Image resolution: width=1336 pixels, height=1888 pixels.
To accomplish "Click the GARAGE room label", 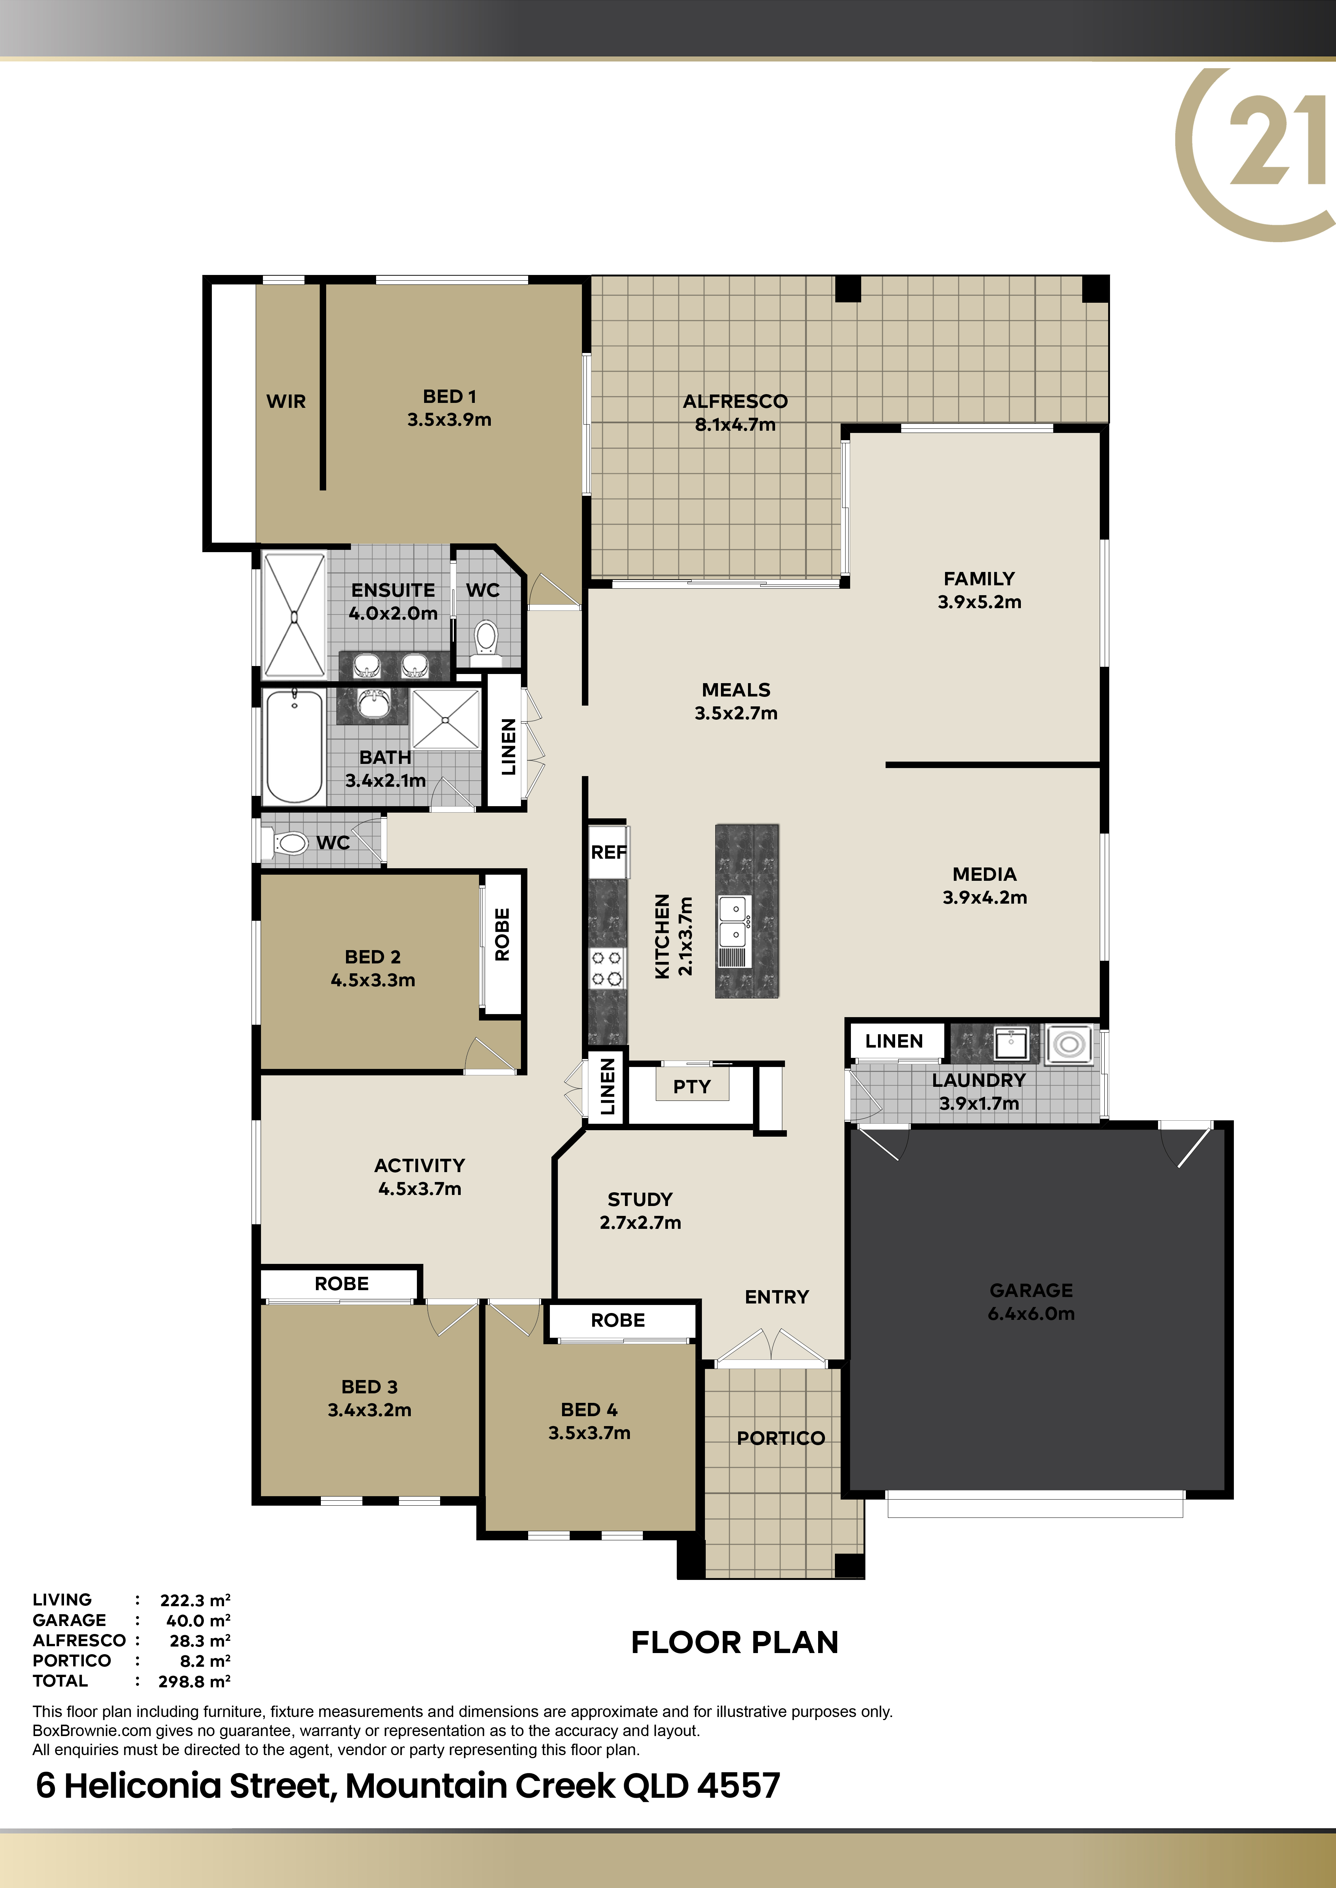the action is coord(1031,1290).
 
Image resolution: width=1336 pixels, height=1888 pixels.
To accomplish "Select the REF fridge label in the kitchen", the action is coord(609,852).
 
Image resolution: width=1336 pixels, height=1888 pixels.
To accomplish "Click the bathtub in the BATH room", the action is coord(294,746).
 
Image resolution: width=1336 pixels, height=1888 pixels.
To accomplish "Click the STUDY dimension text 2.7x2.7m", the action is coord(640,1222).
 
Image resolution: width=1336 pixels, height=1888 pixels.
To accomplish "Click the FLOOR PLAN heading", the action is coord(735,1642).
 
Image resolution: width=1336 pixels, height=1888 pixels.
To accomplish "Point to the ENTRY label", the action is coord(777,1297).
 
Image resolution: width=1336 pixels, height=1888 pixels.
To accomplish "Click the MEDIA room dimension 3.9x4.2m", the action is coord(985,897).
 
